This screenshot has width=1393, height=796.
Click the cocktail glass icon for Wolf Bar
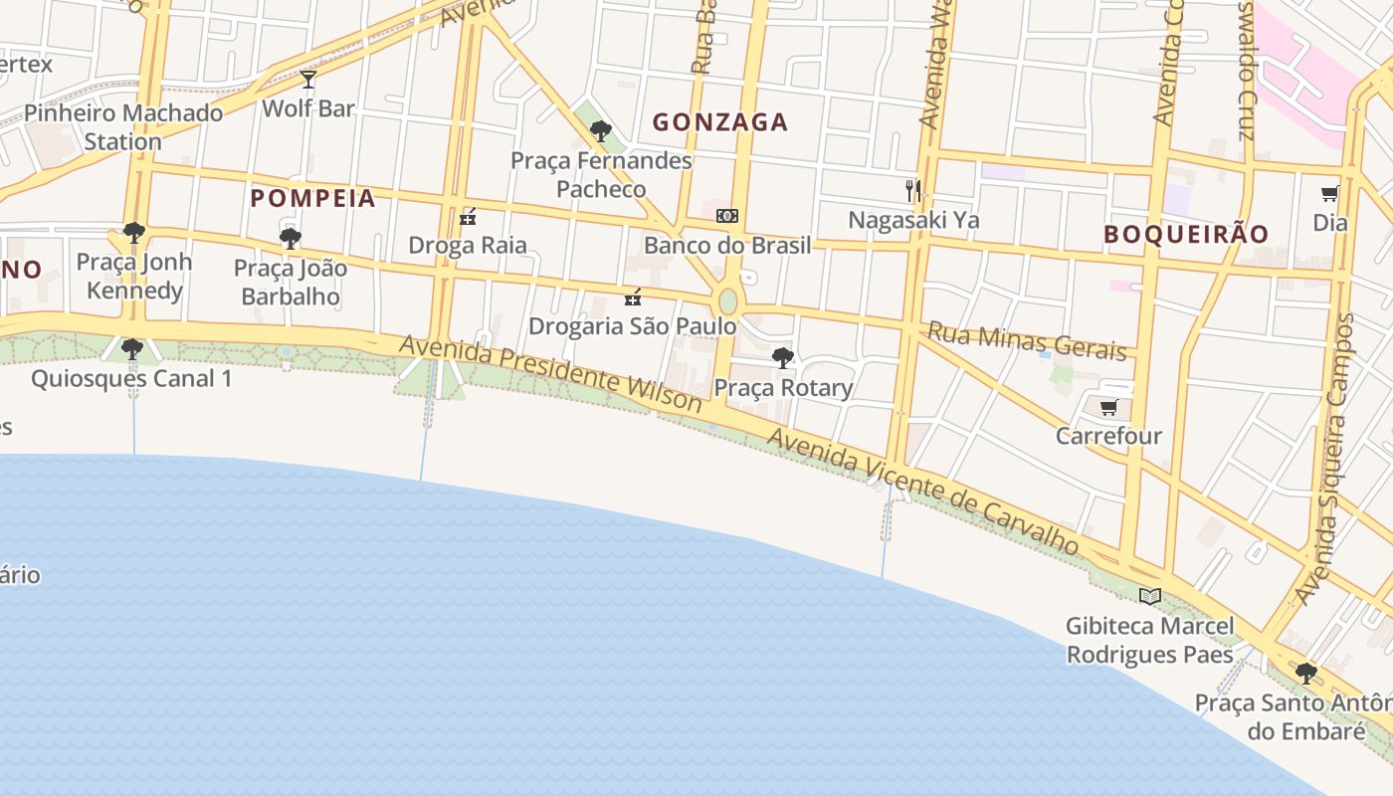pos(308,79)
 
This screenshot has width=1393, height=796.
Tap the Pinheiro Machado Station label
pos(123,127)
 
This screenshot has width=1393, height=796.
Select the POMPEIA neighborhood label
pos(313,198)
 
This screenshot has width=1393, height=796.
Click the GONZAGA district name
pos(720,122)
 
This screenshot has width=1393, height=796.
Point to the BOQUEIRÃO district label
pos(1186,235)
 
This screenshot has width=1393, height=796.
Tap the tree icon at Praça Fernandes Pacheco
pos(600,130)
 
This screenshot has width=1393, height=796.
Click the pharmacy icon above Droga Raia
pos(469,217)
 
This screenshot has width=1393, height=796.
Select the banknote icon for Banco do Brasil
pos(727,216)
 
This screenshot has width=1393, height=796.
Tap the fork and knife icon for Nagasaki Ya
pos(913,190)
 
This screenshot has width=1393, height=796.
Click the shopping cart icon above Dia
pos(1329,193)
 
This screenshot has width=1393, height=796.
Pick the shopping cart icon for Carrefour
pos(1108,407)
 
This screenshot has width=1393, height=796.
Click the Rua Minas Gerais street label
pos(1027,341)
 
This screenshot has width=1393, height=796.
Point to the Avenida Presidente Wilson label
pos(551,373)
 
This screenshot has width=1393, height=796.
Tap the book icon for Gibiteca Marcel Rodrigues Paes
pos(1150,596)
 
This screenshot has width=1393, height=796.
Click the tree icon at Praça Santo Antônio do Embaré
pos(1306,674)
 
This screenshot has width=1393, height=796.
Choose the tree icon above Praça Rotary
pos(783,358)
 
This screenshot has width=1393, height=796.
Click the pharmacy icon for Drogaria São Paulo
pos(633,297)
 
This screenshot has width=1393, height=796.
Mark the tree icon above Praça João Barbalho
pos(291,239)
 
